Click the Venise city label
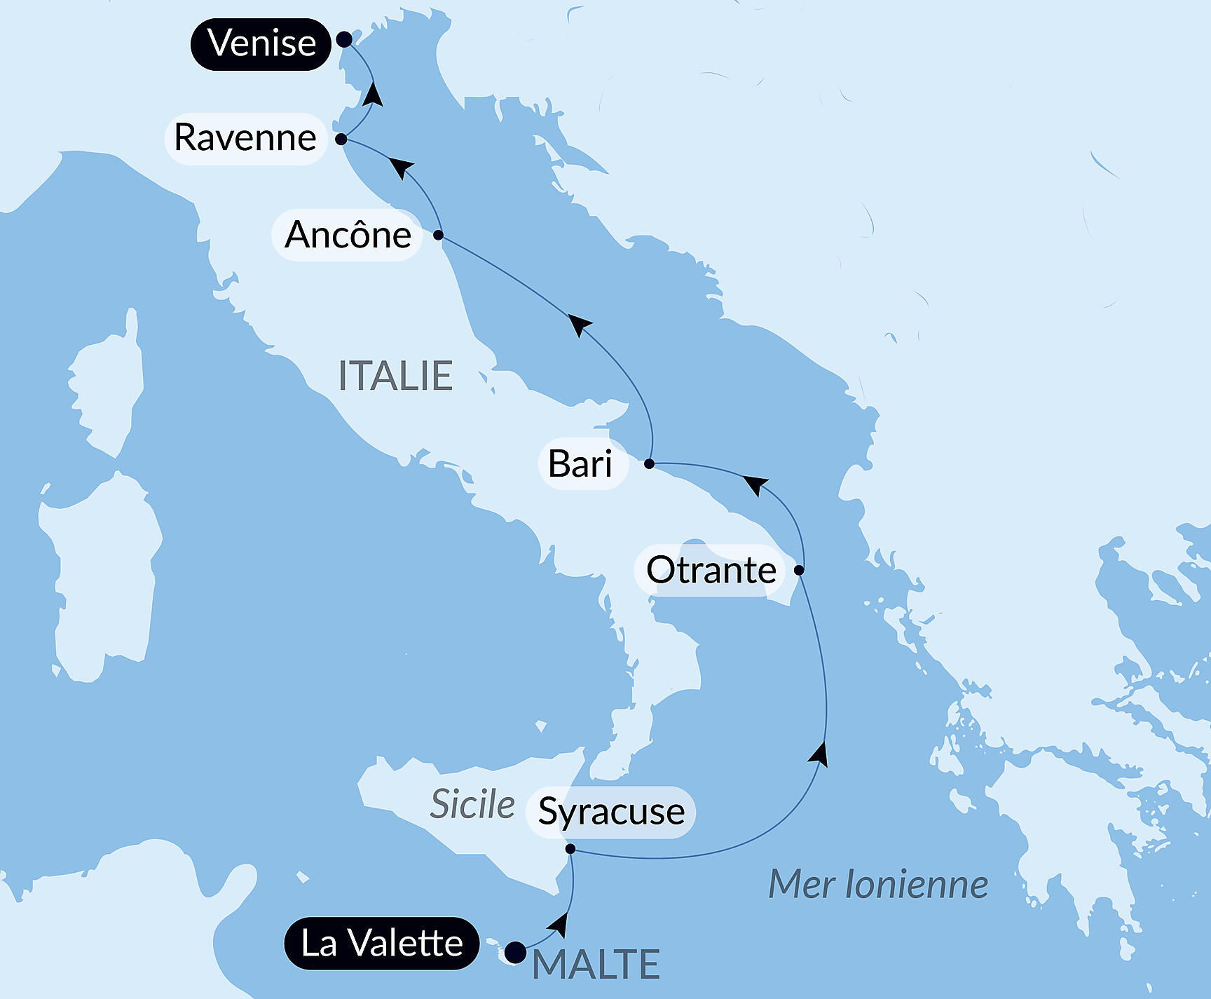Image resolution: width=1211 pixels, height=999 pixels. (x=261, y=43)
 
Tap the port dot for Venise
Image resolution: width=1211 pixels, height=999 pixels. (x=344, y=39)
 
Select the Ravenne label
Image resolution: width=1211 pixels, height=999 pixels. (x=245, y=138)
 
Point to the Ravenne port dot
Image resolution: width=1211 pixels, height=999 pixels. (x=341, y=139)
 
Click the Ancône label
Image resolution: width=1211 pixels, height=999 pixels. (x=348, y=235)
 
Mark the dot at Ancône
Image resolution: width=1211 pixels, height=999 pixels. (x=438, y=235)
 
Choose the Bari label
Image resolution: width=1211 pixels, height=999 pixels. (x=580, y=463)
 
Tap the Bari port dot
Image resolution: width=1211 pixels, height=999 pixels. (x=649, y=463)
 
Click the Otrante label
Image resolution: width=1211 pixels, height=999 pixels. (x=711, y=570)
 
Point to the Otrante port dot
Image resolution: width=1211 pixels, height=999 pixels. (x=799, y=570)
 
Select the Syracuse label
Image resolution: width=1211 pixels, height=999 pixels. (x=611, y=812)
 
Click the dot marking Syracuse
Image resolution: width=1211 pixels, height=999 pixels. (x=570, y=849)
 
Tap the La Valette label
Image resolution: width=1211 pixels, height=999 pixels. (x=382, y=943)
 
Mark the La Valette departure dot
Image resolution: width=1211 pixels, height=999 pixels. (x=516, y=952)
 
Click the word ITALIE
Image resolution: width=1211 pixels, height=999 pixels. (x=395, y=376)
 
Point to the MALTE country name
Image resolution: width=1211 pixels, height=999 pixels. (x=596, y=965)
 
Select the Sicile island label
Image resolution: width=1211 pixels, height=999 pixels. (x=472, y=804)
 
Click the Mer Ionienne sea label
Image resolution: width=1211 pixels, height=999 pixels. (x=878, y=884)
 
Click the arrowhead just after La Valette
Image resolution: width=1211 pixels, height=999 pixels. (x=559, y=925)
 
